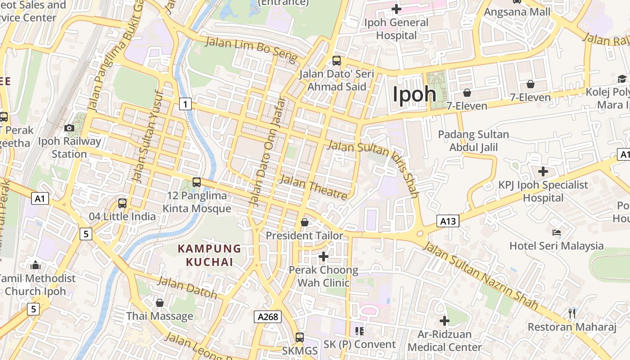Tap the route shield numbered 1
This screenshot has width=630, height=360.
[x=185, y=104]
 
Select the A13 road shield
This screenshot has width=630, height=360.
[x=448, y=221]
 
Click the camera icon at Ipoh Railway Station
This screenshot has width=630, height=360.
[x=69, y=128]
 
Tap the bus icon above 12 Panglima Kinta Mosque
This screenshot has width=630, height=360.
[x=196, y=182]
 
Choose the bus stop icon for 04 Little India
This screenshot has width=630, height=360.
[x=122, y=203]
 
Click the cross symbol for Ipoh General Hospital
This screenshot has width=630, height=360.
[x=396, y=9]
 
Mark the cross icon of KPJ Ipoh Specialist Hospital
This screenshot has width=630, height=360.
[x=543, y=171]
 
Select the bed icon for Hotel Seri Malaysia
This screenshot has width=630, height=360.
[x=557, y=233]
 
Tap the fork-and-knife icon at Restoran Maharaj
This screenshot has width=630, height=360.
[x=572, y=313]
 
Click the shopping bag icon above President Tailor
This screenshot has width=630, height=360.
[x=305, y=222]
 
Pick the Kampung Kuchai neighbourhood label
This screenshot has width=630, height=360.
[x=209, y=255]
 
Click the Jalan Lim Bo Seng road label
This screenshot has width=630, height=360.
[x=252, y=50]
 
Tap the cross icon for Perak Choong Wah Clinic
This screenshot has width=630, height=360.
[x=323, y=256]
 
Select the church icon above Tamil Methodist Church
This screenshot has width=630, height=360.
[x=36, y=265]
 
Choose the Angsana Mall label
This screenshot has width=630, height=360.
[x=517, y=12]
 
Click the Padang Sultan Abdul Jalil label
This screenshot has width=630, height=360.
[x=473, y=141]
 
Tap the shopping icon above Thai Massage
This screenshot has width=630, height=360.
[x=159, y=303]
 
